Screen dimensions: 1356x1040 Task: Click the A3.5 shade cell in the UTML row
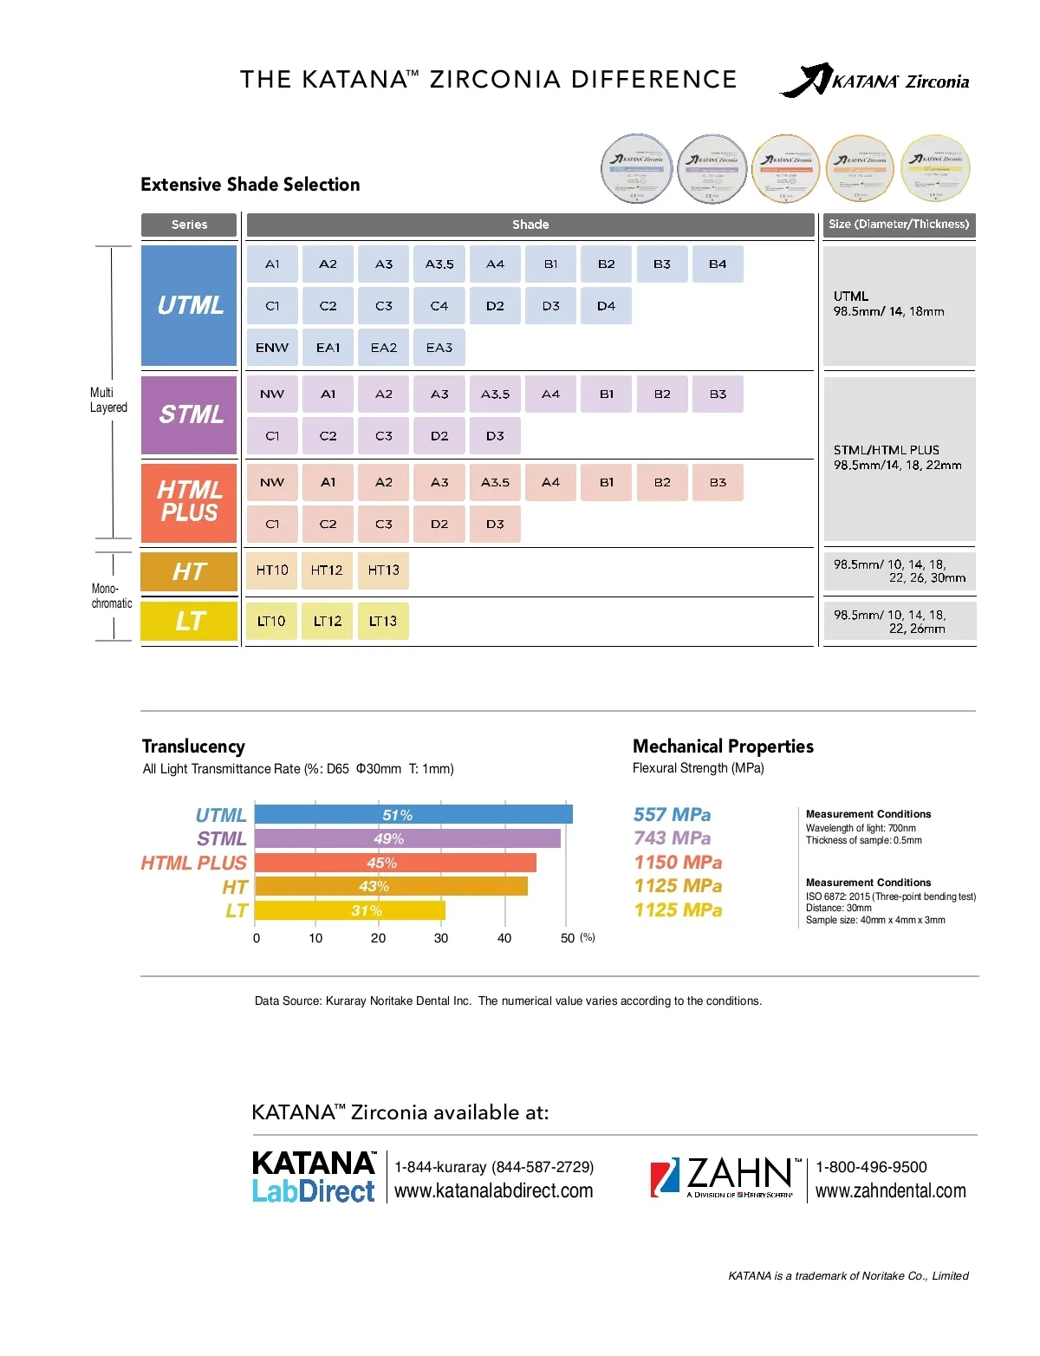[x=439, y=264]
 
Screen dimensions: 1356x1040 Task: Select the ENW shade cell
[x=272, y=348]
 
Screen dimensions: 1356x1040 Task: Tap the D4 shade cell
[x=606, y=306]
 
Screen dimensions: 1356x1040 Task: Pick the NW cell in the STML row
[x=272, y=394]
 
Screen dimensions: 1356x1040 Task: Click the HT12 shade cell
[x=327, y=570]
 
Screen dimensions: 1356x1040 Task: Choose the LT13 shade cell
[x=382, y=621]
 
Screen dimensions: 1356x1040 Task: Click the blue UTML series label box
[x=189, y=305]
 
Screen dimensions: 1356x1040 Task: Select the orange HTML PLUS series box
[x=189, y=502]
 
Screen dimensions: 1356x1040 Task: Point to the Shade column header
[x=530, y=225]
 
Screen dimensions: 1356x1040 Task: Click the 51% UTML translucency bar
[x=413, y=815]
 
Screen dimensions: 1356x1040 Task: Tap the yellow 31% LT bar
[x=350, y=910]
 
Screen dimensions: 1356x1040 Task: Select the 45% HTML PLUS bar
[x=395, y=863]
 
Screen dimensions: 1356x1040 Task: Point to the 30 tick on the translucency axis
[x=441, y=938]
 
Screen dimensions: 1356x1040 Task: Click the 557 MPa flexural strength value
[x=672, y=815]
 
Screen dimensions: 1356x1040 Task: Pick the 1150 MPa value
[x=678, y=863]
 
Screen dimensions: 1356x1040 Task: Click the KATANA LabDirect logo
[x=314, y=1177]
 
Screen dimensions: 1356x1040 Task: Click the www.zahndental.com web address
[x=890, y=1191]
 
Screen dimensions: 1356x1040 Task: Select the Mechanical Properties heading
[x=723, y=746]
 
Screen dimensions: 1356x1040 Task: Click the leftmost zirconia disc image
[x=637, y=168]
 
